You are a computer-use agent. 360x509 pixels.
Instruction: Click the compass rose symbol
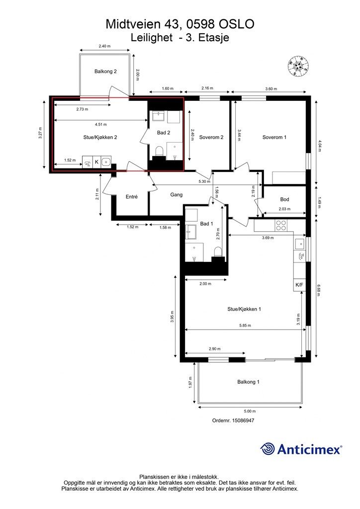[298, 66]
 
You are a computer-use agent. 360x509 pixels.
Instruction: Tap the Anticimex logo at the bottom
[301, 449]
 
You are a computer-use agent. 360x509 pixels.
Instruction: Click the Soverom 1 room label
[274, 137]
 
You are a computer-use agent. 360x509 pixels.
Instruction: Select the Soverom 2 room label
[211, 137]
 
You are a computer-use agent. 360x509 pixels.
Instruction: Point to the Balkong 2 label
[105, 72]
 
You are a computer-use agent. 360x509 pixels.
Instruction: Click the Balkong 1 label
[248, 382]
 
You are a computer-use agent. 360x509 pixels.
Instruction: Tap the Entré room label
[131, 196]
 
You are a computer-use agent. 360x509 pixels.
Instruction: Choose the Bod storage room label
[284, 199]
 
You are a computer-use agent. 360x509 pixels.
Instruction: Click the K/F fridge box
[299, 285]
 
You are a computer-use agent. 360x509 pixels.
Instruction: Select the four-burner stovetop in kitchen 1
[281, 225]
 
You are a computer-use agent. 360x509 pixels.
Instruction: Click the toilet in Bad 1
[218, 252]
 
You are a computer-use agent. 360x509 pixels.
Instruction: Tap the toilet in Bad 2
[159, 151]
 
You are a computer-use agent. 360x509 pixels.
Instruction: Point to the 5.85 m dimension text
[245, 325]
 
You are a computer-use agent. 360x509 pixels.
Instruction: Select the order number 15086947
[233, 421]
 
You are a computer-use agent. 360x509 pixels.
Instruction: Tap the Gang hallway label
[176, 195]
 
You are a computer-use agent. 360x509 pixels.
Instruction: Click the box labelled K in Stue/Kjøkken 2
[97, 162]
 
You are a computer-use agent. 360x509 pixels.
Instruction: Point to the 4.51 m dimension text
[100, 124]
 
